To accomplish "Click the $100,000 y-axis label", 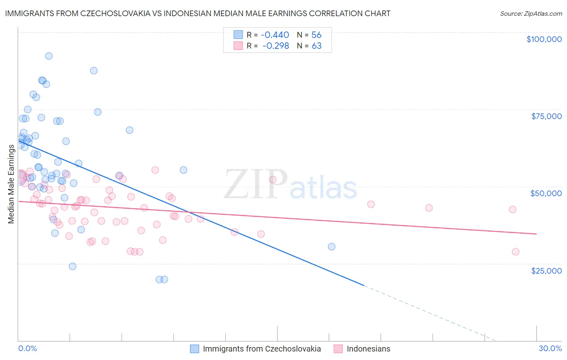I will point(544,39).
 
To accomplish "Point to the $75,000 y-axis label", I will point(546,116).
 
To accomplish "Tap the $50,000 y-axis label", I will point(546,193).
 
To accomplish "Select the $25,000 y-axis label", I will point(546,270).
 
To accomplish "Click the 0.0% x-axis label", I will point(27,348).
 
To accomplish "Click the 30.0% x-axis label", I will point(550,348).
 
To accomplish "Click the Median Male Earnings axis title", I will point(11,184).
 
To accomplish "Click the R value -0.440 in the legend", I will point(275,35).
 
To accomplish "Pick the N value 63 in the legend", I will point(317,46).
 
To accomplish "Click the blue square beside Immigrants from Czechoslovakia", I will point(195,349).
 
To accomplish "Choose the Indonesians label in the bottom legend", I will point(368,349).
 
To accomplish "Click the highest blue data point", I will point(49,56).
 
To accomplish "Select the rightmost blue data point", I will point(331,247).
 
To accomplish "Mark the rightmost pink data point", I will point(515,252).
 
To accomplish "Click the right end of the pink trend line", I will point(536,234).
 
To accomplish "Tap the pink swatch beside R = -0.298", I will point(238,46).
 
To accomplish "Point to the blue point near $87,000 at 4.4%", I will point(94,71).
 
